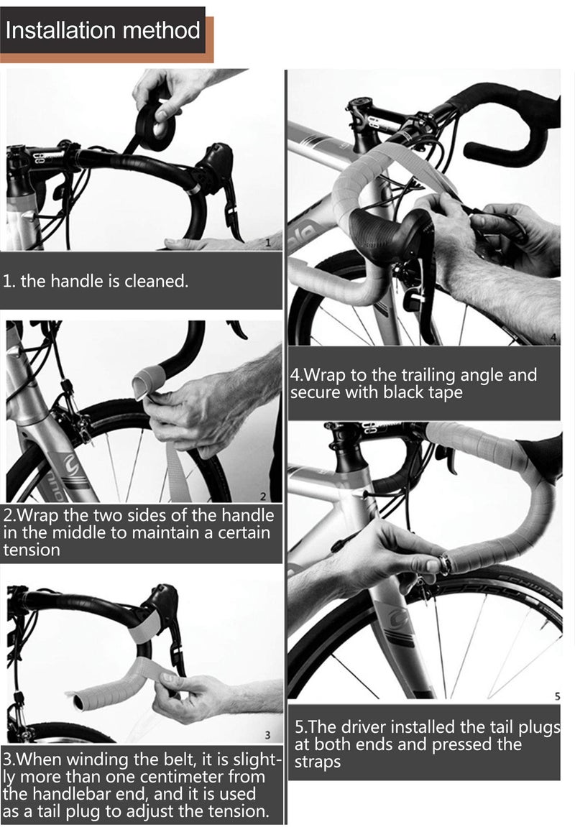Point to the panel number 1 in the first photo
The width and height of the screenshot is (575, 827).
[268, 244]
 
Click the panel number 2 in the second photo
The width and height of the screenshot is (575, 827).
[263, 496]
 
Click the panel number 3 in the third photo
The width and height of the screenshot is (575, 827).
[267, 734]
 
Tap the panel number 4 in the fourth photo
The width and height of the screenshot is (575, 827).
[553, 337]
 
